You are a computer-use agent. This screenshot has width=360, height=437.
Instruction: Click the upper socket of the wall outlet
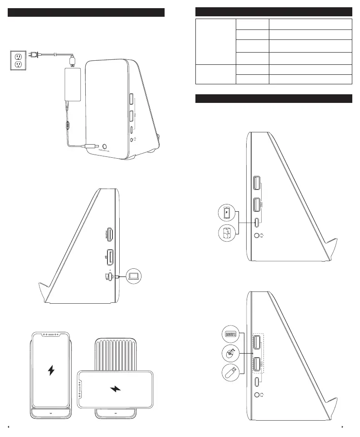pos(18,57)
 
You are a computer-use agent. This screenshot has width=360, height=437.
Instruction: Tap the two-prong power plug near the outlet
pos(33,55)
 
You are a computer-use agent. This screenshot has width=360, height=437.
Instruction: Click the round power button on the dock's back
pos(105,146)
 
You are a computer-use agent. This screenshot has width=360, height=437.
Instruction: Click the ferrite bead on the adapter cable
pos(68,123)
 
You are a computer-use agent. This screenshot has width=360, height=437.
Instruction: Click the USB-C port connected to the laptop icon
pos(109,276)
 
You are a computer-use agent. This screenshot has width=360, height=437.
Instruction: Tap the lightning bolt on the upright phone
pos(51,370)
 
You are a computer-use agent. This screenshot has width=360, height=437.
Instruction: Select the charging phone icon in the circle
pos(227,213)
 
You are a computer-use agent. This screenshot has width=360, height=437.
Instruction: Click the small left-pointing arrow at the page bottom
pos(10,427)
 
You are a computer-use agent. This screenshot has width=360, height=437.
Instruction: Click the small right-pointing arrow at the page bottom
pos(343,427)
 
